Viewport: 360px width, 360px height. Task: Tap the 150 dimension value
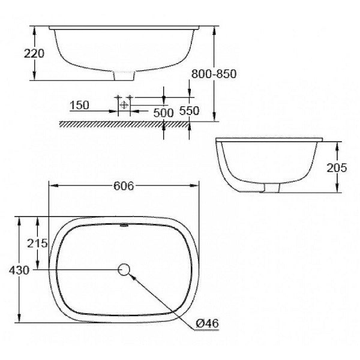point(79,105)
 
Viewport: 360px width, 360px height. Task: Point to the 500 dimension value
point(163,112)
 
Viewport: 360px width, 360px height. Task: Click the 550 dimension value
point(190,112)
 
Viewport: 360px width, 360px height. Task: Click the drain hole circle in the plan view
point(125,269)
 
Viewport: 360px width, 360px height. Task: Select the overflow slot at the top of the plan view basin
point(124,226)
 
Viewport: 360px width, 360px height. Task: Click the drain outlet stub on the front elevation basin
point(124,76)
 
